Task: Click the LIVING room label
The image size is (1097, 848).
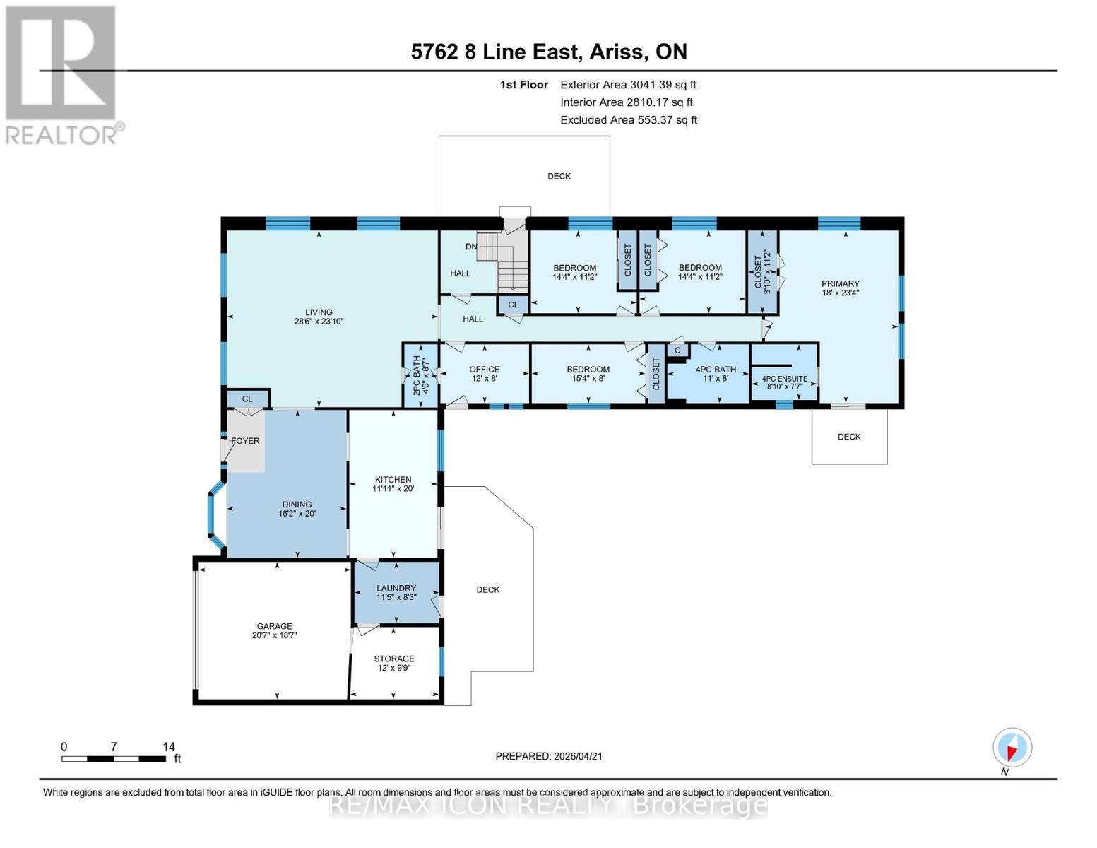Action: (x=319, y=317)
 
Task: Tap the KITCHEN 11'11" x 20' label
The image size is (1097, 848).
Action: (x=393, y=484)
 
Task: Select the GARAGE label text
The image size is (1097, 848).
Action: (x=274, y=630)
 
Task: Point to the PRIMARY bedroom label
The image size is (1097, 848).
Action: (x=840, y=288)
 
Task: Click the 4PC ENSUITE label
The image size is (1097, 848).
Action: (x=784, y=382)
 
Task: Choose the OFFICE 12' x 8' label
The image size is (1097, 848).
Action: (x=484, y=373)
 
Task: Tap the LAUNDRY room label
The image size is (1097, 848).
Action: (x=396, y=592)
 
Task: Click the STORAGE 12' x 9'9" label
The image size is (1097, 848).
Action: (x=394, y=663)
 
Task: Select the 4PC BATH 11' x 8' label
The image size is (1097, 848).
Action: (x=716, y=373)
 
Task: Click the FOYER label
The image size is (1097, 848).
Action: (x=245, y=441)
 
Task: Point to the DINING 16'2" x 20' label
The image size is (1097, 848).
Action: (x=297, y=509)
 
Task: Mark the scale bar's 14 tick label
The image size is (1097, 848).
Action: (x=168, y=746)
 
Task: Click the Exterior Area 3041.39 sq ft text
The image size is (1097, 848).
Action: (x=628, y=84)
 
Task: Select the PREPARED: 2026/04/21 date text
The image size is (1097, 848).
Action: (x=549, y=756)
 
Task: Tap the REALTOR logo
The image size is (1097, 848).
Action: (x=61, y=74)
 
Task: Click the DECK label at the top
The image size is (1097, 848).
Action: (x=559, y=176)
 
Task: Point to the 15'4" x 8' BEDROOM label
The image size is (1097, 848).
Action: (x=588, y=373)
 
